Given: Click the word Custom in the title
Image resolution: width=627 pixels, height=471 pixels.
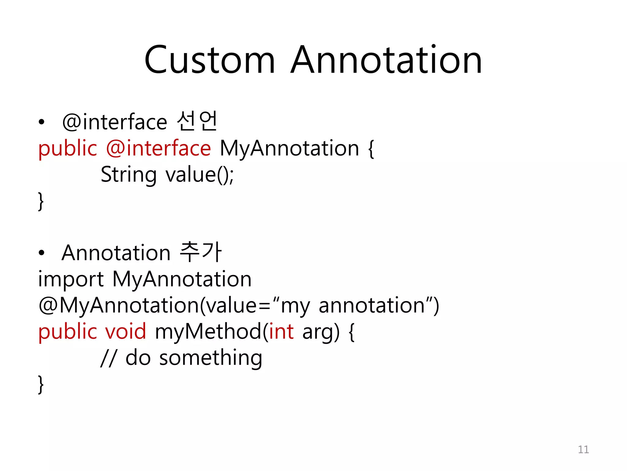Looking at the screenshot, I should click(x=209, y=60).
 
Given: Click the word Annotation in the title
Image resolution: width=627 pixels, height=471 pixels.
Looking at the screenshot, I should click(x=386, y=60).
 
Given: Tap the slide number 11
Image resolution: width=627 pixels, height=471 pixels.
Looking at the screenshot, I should click(x=583, y=450).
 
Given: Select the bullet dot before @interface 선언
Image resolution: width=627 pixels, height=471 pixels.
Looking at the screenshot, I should click(x=42, y=122).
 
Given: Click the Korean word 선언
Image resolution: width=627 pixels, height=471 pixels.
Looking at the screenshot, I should click(x=197, y=122).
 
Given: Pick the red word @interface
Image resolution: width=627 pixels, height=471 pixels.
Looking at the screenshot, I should click(x=158, y=148).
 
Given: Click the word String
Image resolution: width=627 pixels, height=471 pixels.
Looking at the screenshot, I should click(x=129, y=175).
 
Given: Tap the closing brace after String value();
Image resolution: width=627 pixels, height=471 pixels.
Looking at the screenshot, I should click(x=41, y=201).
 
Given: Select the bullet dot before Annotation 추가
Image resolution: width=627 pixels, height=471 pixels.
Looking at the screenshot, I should click(x=42, y=253).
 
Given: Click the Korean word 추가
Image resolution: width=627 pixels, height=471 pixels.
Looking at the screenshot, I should click(x=200, y=252).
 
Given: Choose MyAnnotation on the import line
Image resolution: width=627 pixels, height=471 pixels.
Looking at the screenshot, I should click(x=182, y=279).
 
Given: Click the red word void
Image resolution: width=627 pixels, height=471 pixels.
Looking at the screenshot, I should click(x=126, y=332).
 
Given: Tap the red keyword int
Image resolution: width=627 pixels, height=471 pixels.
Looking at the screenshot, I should click(x=281, y=332).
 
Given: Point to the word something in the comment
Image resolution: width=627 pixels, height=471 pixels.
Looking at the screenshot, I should click(x=211, y=358).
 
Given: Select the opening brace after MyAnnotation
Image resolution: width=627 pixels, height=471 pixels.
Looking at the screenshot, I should click(x=371, y=149).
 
